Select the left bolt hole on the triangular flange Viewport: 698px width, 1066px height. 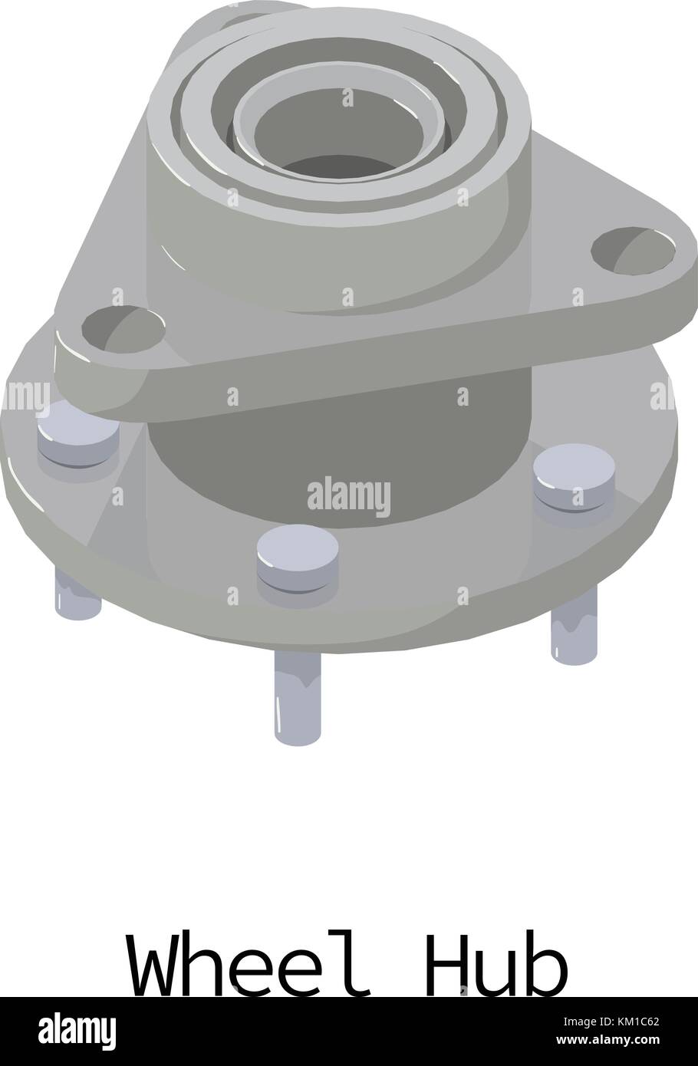click(x=123, y=330)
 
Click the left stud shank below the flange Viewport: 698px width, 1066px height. click(x=77, y=594)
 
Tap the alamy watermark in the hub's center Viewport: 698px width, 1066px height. click(x=348, y=495)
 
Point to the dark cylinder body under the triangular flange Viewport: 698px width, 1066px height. click(x=337, y=460)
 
